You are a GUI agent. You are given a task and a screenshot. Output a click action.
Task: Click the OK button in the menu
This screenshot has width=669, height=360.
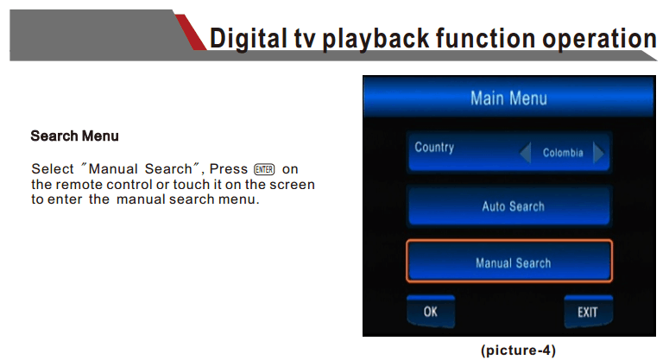point(431,311)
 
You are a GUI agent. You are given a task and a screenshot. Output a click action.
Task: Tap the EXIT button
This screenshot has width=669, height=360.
point(588,312)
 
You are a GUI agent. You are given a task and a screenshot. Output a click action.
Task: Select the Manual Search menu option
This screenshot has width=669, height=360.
point(509,261)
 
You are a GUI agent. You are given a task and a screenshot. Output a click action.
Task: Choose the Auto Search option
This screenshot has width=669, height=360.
point(509,206)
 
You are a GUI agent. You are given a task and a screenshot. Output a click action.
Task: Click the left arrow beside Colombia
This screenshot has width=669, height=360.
point(526,153)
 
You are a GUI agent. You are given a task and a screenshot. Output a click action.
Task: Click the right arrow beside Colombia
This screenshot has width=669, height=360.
point(598,153)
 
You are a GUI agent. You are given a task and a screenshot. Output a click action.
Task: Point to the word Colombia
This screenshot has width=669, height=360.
point(563,153)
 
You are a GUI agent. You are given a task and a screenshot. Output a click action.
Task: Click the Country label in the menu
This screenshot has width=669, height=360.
point(434,148)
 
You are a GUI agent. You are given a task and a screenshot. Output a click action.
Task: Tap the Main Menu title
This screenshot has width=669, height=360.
point(508,98)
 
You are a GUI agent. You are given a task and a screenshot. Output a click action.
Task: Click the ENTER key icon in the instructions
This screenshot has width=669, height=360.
point(264,169)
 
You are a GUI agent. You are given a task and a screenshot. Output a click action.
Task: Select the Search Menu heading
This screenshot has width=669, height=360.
point(74,136)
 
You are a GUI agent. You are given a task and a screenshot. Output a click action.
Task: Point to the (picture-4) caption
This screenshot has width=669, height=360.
point(518,351)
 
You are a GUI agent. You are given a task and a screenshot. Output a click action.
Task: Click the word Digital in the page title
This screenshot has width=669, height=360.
point(248,38)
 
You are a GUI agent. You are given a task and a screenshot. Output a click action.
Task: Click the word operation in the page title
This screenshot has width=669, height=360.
point(599,39)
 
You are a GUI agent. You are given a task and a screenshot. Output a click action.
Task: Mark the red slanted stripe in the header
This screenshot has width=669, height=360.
point(190,32)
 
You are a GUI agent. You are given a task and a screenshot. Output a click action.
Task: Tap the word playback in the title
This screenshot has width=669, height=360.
point(375,39)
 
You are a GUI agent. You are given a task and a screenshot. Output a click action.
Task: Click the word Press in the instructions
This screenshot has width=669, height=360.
point(228,169)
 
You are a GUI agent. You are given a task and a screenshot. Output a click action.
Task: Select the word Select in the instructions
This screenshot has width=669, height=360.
point(53,169)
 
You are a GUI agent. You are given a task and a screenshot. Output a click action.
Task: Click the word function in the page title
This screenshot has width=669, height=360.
point(485,38)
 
